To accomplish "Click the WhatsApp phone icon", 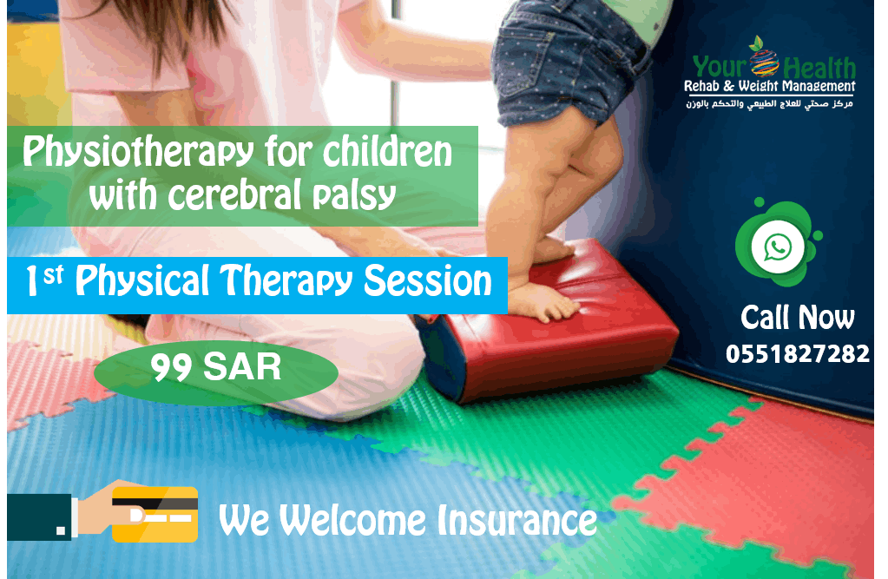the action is pos(778,247).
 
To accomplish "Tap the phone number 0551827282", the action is pos(798,354).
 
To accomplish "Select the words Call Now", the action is pos(798,317).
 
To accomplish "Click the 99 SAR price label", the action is pos(216,367).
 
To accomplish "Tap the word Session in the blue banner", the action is pos(428,281).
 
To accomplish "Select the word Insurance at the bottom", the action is pos(517,521).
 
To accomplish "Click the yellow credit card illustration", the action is pos(155,515).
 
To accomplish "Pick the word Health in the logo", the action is pos(819,69).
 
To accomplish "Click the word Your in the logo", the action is pos(720,67).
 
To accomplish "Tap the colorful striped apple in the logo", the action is pos(764,60).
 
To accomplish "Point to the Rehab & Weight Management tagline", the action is pos(770,87).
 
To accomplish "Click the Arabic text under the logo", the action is pos(770,104).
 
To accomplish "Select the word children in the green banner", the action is pos(388,152).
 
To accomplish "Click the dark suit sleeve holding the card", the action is pos(39,516).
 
